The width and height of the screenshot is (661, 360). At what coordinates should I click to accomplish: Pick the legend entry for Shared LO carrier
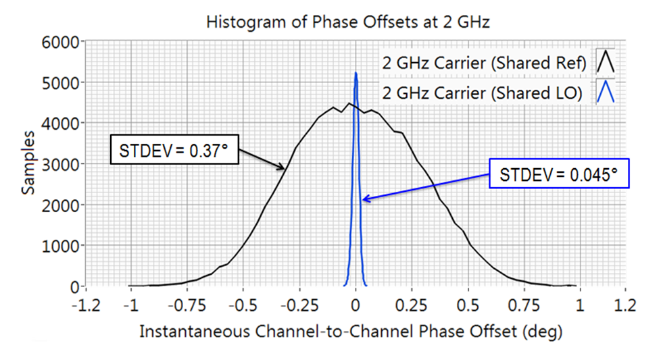pyautogui.click(x=483, y=93)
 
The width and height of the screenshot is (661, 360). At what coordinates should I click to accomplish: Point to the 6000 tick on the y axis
pyautogui.click(x=64, y=42)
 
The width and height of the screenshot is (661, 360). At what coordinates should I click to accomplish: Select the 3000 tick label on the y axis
pyautogui.click(x=64, y=164)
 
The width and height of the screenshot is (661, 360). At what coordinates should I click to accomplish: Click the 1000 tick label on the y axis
pyautogui.click(x=64, y=246)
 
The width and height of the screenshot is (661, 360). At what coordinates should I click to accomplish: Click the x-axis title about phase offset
pyautogui.click(x=351, y=332)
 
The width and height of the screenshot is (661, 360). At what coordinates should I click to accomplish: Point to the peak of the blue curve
pyautogui.click(x=356, y=72)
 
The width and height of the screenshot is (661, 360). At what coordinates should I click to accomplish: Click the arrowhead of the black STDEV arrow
pyautogui.click(x=285, y=169)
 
